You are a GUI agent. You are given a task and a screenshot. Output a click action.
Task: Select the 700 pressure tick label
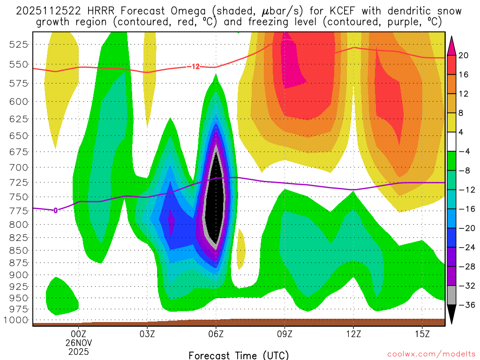coord(19,167)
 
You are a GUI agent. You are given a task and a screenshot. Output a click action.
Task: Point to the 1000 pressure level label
coord(17,320)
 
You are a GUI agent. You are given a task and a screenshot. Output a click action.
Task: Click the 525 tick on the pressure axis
coord(19,44)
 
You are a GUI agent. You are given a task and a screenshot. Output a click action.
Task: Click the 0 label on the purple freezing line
coord(55,210)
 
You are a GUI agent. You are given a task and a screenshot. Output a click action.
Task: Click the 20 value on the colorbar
coord(463,55)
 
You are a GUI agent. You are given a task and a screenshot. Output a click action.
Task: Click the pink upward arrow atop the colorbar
coord(451,45)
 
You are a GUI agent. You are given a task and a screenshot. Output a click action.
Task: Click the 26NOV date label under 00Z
coord(78,342)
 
